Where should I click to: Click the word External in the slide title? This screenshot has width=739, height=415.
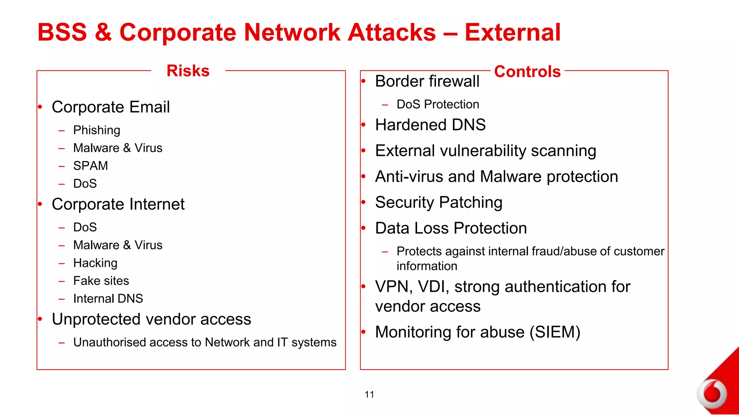pyautogui.click(x=512, y=32)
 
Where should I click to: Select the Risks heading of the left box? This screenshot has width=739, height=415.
pyautogui.click(x=188, y=71)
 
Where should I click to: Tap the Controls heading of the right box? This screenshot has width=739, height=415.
pyautogui.click(x=527, y=71)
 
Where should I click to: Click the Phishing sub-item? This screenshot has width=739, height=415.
pyautogui.click(x=96, y=130)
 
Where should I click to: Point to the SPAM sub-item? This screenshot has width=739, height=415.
pyautogui.click(x=90, y=166)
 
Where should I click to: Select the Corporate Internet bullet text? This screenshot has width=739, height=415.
pyautogui.click(x=118, y=204)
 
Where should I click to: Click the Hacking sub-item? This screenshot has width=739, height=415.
pyautogui.click(x=95, y=263)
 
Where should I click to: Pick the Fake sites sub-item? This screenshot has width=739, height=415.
pyautogui.click(x=101, y=281)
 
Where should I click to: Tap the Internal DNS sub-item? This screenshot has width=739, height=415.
pyautogui.click(x=108, y=299)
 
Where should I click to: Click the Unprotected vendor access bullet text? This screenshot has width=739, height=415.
pyautogui.click(x=151, y=319)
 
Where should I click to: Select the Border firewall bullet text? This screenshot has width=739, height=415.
pyautogui.click(x=427, y=81)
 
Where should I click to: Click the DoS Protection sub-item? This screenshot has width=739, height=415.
pyautogui.click(x=437, y=104)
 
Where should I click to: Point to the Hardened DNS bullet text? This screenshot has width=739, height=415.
pyautogui.click(x=430, y=125)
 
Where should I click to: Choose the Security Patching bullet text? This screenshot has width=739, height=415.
pyautogui.click(x=438, y=202)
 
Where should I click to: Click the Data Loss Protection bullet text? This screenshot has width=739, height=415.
pyautogui.click(x=451, y=228)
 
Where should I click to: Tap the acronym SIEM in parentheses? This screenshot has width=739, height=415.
pyautogui.click(x=555, y=332)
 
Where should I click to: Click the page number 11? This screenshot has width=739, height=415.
pyautogui.click(x=369, y=394)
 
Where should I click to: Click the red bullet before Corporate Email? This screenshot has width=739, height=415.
pyautogui.click(x=40, y=107)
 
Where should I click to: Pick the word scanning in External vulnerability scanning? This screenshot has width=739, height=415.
pyautogui.click(x=563, y=151)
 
